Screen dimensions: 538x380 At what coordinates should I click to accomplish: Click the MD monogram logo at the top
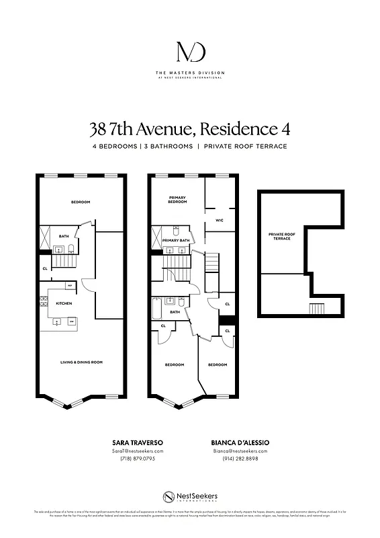(190, 52)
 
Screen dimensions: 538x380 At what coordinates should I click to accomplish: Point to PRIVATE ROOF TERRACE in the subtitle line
(246, 146)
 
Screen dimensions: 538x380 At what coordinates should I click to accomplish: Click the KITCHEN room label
(64, 303)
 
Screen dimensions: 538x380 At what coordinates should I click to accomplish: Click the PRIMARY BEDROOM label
(177, 200)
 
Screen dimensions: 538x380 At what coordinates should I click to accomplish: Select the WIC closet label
(220, 220)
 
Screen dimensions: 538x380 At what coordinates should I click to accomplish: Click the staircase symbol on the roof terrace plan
(316, 309)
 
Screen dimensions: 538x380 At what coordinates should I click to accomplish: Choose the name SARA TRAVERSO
(137, 442)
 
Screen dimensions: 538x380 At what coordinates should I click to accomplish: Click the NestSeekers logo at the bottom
(190, 496)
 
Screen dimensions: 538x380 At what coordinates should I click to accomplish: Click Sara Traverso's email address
(137, 451)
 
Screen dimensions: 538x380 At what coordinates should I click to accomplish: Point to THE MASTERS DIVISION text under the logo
(190, 73)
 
